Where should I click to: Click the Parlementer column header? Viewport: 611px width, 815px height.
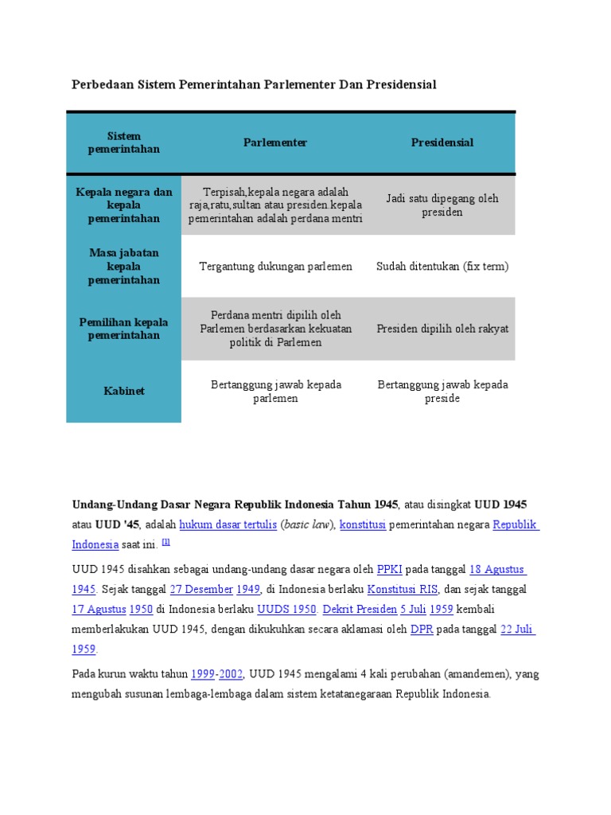point(275,142)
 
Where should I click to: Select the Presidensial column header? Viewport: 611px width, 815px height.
point(442,142)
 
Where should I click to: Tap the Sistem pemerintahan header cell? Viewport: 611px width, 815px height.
point(123,142)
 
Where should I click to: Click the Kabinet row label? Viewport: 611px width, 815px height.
point(123,391)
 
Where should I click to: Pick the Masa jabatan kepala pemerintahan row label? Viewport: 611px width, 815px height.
point(123,267)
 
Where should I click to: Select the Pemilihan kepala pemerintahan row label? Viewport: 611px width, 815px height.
point(123,329)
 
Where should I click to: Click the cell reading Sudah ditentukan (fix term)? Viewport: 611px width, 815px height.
point(442,267)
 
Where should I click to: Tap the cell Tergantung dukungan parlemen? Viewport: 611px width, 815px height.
point(275,267)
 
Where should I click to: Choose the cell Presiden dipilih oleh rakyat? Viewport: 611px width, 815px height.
point(442,329)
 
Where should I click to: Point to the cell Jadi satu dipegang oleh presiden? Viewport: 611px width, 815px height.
point(442,205)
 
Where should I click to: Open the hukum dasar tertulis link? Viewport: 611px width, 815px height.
point(228,525)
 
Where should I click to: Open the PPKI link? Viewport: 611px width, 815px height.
point(390,570)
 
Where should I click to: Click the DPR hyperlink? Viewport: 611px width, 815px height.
point(421,630)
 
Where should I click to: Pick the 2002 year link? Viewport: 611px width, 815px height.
point(231,674)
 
